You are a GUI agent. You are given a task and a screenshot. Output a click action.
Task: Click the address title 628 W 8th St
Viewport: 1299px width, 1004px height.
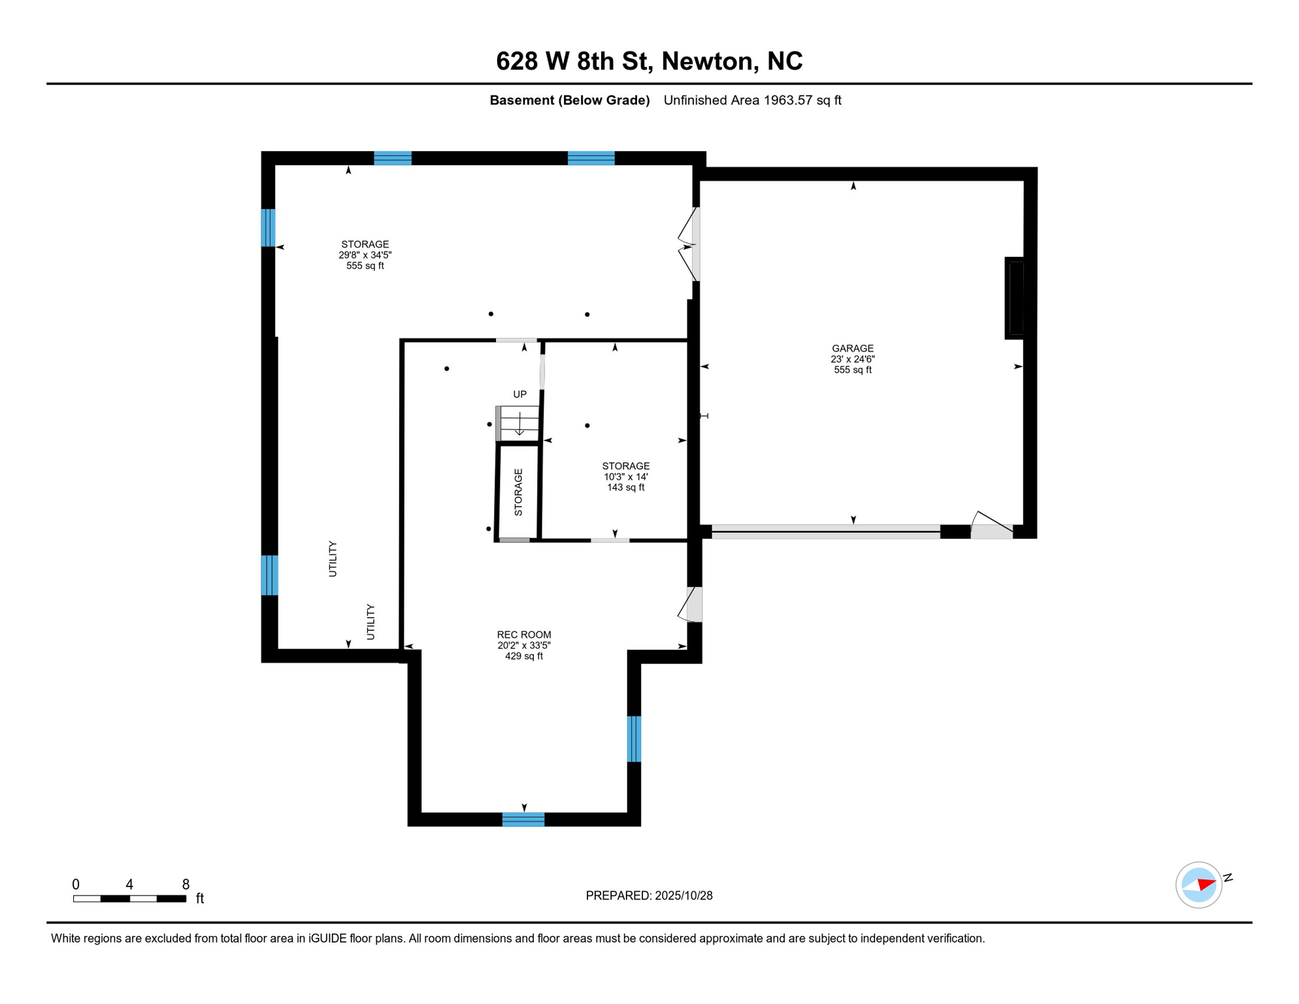[x=649, y=61]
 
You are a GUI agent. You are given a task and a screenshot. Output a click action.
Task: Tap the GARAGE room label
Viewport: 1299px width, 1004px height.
[x=852, y=359]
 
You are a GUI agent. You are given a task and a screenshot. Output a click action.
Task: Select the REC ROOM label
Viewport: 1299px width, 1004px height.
[x=523, y=644]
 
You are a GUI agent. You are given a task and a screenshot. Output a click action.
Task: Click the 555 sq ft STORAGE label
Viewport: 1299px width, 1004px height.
[x=365, y=255]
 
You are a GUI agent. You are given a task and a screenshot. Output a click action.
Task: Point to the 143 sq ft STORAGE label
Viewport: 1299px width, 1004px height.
[x=625, y=477]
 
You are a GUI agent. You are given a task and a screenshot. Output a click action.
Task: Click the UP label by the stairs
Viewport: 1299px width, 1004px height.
[x=519, y=394]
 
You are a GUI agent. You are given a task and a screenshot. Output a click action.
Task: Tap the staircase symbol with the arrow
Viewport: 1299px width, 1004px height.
[x=519, y=423]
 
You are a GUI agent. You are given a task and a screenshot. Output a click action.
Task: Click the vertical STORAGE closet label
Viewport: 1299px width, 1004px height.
[x=518, y=492]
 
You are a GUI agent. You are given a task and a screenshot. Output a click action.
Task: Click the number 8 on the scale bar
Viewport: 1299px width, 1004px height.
[x=186, y=884]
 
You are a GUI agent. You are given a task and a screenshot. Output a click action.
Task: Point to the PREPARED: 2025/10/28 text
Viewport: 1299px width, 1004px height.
[x=649, y=895]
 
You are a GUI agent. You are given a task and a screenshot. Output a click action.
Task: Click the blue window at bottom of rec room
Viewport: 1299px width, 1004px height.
[x=523, y=819]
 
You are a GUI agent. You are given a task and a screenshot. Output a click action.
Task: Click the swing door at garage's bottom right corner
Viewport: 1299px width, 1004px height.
[x=991, y=526]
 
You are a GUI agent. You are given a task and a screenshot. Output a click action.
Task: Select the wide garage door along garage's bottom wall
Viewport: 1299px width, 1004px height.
[x=825, y=531]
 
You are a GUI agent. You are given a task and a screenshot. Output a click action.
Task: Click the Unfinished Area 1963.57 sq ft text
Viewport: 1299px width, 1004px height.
[x=752, y=100]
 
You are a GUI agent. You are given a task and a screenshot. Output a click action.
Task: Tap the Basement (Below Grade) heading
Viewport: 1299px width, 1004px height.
[x=569, y=100]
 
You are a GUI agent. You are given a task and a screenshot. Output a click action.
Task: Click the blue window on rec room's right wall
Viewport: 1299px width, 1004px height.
[x=633, y=739]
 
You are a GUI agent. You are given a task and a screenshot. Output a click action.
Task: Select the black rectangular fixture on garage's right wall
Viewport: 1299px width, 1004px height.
[x=1015, y=298]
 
